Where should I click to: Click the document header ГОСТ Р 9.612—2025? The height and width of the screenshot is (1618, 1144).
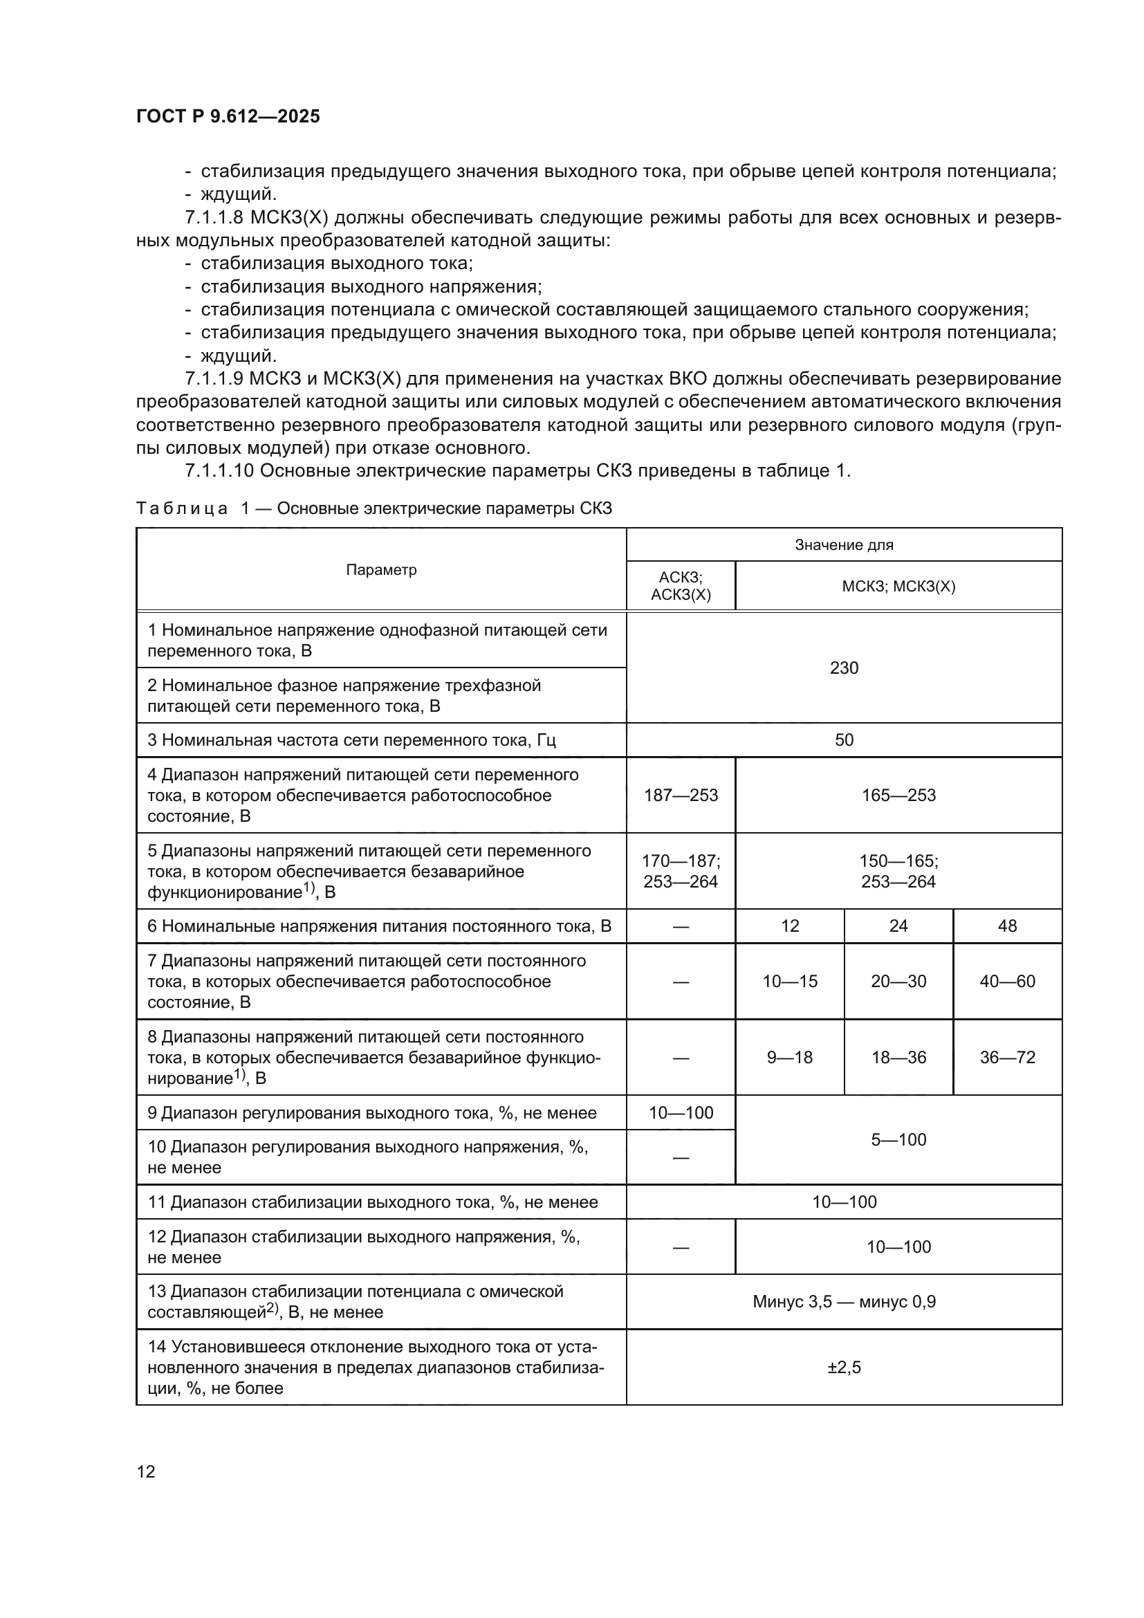point(228,117)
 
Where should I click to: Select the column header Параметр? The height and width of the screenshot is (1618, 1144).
point(381,570)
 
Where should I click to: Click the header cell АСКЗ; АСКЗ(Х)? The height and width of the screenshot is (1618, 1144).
point(681,587)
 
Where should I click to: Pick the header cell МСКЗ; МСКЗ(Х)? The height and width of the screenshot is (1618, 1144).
point(898,587)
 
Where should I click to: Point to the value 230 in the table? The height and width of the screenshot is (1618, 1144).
point(844,668)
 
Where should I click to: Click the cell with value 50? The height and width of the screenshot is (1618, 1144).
point(844,740)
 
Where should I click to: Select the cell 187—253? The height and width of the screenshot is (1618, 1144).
point(681,796)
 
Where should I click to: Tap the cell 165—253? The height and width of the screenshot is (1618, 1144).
point(898,796)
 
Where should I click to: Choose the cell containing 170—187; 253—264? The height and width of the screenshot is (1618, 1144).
point(681,871)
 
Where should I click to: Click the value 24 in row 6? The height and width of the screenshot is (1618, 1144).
point(898,926)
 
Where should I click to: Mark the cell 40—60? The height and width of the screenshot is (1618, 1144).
point(1007,982)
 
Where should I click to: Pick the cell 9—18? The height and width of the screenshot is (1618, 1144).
point(790,1057)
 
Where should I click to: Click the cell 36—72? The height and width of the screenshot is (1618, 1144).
point(1007,1057)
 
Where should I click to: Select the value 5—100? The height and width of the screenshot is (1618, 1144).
point(898,1139)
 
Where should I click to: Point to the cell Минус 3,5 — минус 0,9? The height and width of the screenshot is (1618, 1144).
point(844,1302)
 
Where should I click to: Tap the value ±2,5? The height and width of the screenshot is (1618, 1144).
point(844,1368)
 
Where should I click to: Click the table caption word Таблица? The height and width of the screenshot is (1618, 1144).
point(182,509)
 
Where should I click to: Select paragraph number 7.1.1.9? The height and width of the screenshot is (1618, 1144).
point(214,379)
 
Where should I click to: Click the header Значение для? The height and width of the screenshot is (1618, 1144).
point(844,544)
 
